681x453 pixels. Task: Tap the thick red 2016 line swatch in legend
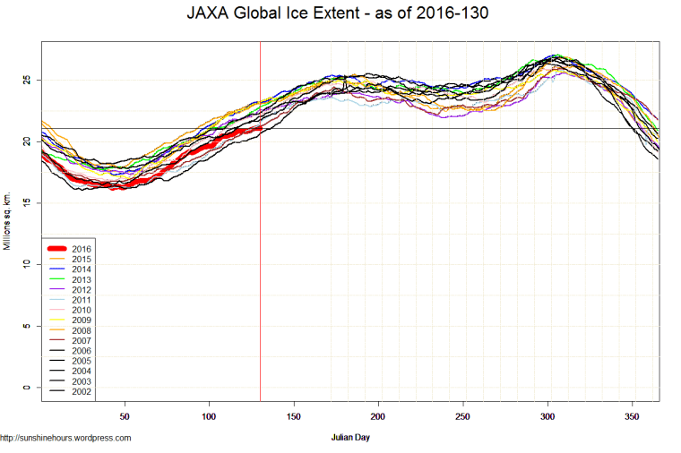click(x=56, y=248)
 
